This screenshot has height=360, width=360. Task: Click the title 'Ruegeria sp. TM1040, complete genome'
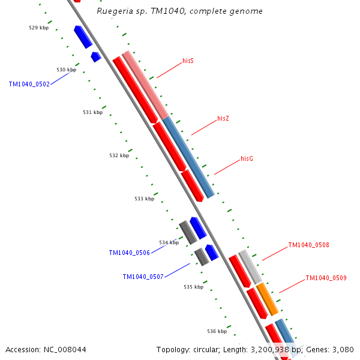(179, 11)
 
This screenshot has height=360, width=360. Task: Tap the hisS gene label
(188, 61)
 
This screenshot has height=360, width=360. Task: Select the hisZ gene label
(223, 119)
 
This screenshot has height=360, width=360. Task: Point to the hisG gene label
(247, 158)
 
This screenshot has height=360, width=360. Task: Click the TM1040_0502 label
(29, 85)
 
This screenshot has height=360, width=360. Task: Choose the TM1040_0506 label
(129, 253)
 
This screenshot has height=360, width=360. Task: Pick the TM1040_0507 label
(143, 277)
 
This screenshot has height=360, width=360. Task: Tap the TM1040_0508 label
(308, 245)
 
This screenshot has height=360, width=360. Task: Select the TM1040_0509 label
(326, 278)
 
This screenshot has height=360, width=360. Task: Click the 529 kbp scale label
(38, 28)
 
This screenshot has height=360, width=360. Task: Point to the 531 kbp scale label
(92, 112)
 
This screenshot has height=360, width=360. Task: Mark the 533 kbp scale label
(144, 199)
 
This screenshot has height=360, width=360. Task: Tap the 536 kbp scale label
(217, 331)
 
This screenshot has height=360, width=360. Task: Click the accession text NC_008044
(46, 349)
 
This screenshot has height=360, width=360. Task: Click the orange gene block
(268, 299)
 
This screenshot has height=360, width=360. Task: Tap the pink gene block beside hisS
(146, 85)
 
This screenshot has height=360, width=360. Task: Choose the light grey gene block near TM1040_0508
(250, 266)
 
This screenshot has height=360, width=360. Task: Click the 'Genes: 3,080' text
(330, 349)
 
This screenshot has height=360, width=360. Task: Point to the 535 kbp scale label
(193, 287)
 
